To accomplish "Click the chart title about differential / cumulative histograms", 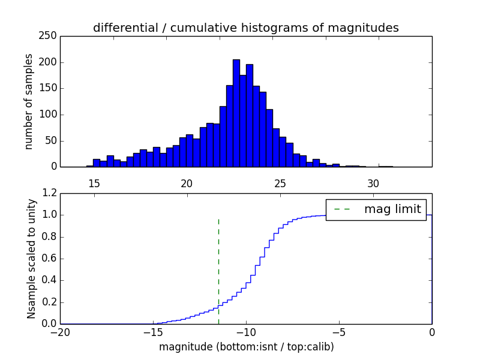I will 245,28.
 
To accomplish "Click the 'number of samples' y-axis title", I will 29,101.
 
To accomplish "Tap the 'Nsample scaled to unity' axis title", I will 31,259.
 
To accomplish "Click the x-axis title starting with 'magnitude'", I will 246,347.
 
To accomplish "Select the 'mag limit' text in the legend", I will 392,209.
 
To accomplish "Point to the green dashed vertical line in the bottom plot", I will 218,270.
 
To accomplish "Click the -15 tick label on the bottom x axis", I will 152,332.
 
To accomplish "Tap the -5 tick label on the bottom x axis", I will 338,332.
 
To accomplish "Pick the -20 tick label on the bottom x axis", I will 60,332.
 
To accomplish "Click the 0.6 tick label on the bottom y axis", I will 48,259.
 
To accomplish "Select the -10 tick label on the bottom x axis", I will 245,332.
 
